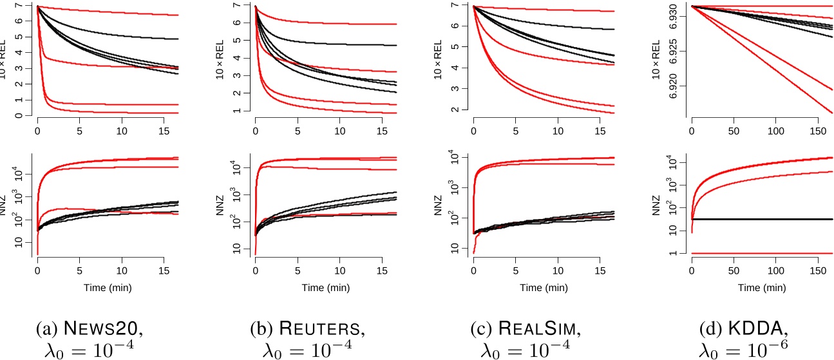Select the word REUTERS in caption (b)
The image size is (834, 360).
click(332, 330)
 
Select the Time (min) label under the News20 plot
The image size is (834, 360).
click(108, 287)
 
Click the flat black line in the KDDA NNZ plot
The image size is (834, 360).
click(760, 219)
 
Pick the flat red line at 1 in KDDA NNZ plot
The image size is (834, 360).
click(760, 253)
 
